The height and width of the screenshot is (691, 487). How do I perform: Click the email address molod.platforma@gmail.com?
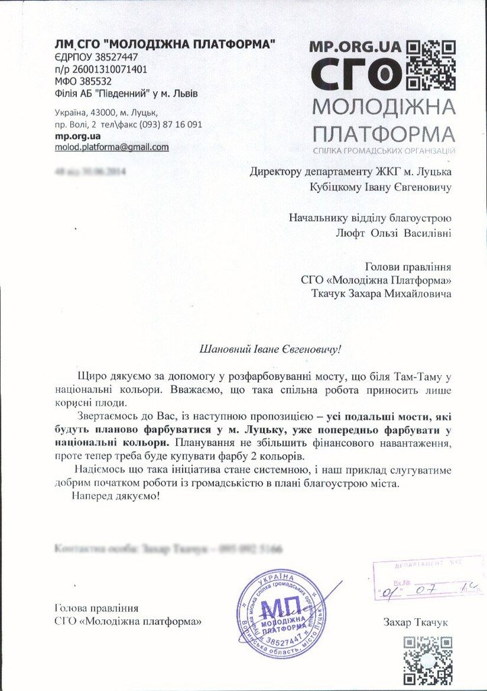(112, 147)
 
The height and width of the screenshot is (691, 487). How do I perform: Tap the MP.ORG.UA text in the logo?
(355, 47)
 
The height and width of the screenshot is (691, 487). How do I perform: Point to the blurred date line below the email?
(92, 172)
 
